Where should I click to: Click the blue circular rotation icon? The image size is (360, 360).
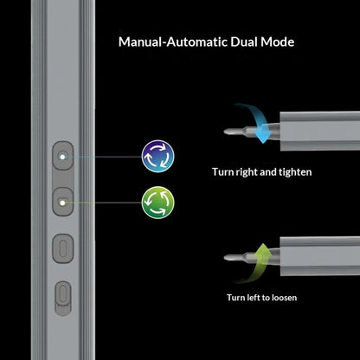point(158,157)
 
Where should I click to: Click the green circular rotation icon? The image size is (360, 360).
point(158,202)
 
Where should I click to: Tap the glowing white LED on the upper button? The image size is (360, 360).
point(62,157)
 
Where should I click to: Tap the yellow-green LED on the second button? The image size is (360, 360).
point(62,202)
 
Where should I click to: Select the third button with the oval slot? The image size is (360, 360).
point(63,248)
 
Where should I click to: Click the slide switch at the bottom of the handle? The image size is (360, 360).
point(63,299)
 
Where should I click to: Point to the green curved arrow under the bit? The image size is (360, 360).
point(255,263)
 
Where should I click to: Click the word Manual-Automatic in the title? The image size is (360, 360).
point(173,42)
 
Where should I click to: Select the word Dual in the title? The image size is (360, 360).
point(244,42)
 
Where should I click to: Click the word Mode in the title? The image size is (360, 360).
point(278,42)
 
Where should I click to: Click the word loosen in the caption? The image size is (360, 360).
point(282,298)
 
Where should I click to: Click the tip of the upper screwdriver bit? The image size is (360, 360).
point(225,132)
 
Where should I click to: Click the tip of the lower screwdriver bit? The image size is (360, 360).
point(225,257)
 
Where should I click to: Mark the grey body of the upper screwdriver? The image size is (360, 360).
point(320,131)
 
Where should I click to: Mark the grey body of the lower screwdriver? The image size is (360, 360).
point(320,256)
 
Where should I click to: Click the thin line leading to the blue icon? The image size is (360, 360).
point(104,157)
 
